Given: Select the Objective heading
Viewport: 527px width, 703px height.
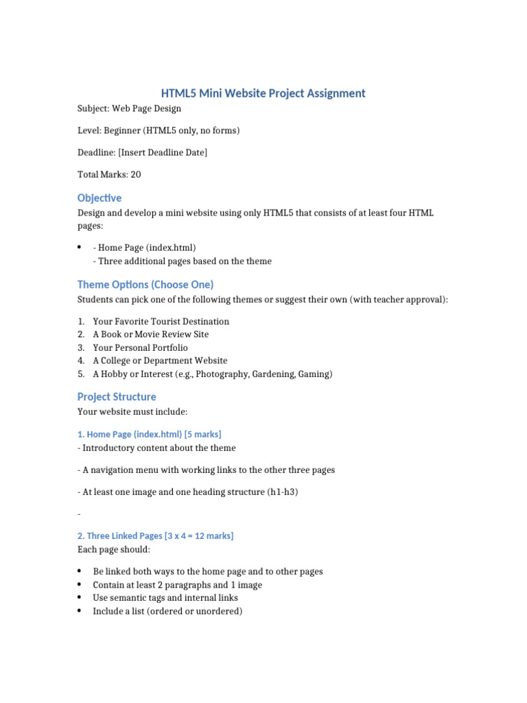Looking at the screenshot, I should pos(99,198).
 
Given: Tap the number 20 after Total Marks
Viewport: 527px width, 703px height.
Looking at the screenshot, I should pos(136,174).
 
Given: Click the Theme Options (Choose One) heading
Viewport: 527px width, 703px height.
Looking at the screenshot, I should pos(145,284).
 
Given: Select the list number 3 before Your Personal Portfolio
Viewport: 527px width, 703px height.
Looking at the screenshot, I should pos(81,347).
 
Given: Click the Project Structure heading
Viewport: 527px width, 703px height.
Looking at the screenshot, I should pos(117,397).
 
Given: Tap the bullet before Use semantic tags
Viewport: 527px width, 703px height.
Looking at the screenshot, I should pos(80,598).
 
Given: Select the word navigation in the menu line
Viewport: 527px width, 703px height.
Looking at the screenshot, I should pos(116,470).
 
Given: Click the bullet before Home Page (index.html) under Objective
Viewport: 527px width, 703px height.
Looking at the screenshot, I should pos(80,247).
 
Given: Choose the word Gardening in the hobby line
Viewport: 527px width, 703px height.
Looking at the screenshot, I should pos(275,374).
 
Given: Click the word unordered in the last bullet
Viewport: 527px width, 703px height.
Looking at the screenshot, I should pos(216,611).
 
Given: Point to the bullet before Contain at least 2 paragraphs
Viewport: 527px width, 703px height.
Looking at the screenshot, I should pos(80,585).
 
